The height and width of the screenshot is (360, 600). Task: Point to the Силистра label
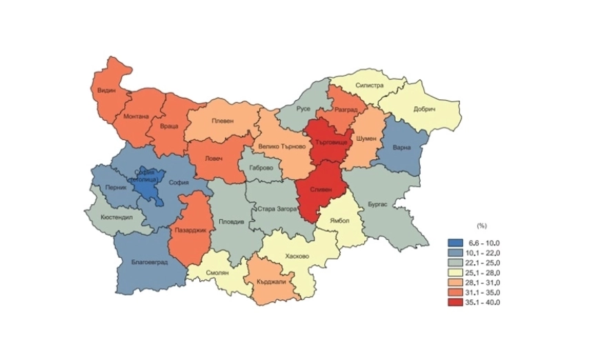click(x=369, y=86)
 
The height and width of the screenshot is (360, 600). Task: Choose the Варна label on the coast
click(x=400, y=147)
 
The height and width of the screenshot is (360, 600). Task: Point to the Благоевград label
click(x=149, y=261)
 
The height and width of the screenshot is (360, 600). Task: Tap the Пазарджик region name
click(x=190, y=230)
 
